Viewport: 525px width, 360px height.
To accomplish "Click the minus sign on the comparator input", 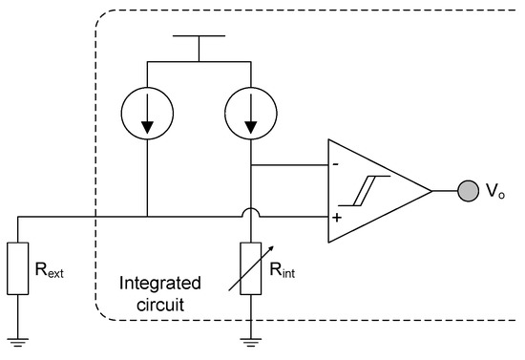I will click(x=336, y=164).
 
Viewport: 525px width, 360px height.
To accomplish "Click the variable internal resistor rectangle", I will click(x=250, y=268).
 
